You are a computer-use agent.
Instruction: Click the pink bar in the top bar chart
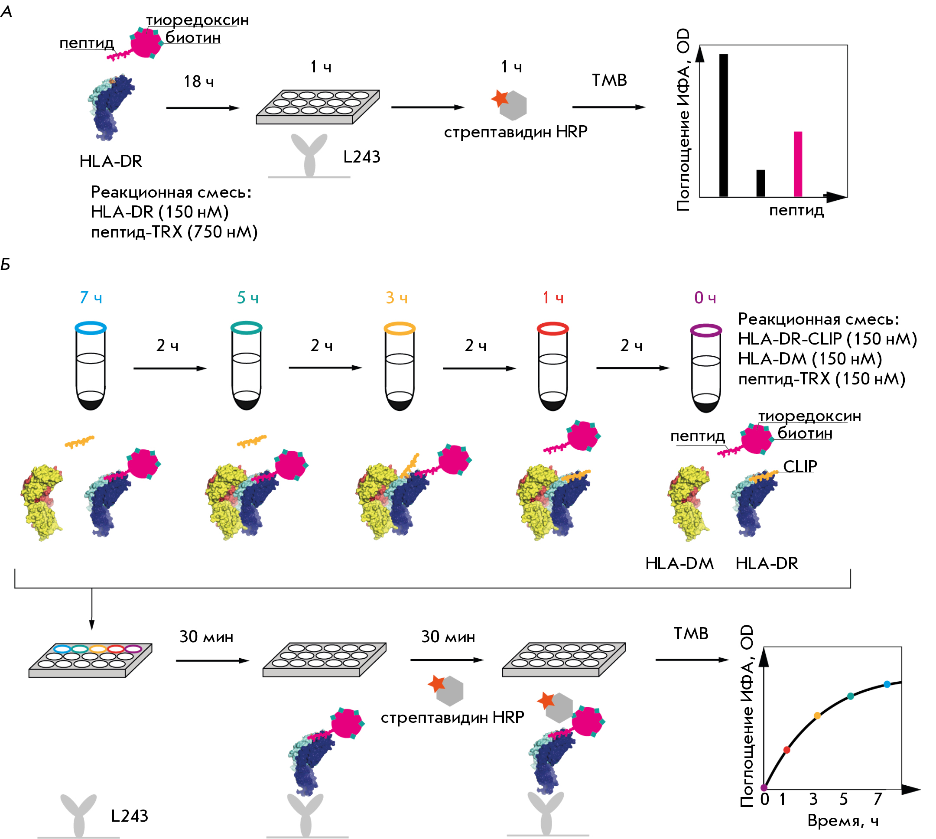click(798, 164)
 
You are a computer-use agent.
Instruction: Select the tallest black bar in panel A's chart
click(724, 125)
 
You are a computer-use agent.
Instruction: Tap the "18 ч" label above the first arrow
click(198, 81)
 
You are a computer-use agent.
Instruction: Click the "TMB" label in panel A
click(609, 80)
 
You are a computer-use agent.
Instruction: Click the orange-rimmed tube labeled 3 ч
click(400, 366)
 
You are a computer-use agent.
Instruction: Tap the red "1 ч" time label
click(553, 298)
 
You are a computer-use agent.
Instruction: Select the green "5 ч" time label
click(247, 298)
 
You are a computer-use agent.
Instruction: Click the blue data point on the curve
click(887, 685)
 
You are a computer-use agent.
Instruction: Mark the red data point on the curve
click(786, 750)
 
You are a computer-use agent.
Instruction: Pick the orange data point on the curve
click(817, 716)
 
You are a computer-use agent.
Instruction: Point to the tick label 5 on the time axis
click(843, 799)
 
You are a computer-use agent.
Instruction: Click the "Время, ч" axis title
click(843, 820)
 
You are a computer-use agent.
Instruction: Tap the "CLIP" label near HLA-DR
click(800, 467)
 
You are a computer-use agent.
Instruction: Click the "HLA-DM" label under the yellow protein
click(679, 563)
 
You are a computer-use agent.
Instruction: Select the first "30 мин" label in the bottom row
click(206, 637)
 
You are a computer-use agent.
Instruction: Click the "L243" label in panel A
click(362, 157)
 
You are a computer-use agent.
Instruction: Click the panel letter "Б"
click(6, 265)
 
